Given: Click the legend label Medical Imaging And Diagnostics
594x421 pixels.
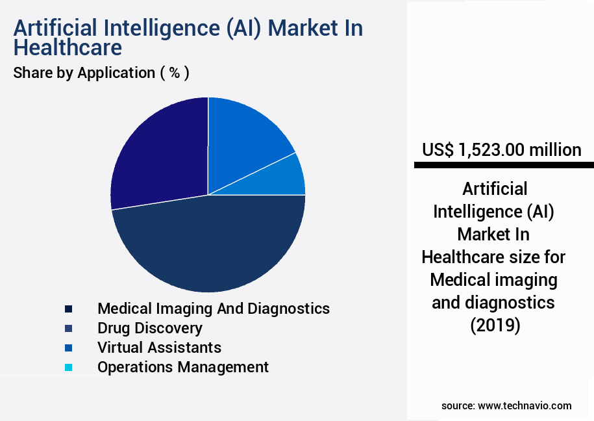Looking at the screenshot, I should [214, 308].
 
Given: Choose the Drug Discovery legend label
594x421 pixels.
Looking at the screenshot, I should [150, 328].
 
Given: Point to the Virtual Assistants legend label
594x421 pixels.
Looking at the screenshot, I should [159, 348].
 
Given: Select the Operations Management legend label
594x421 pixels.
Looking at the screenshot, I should [183, 367].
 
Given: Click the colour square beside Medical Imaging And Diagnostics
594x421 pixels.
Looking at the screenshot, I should [68, 309].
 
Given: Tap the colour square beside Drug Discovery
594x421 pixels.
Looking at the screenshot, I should [68, 328].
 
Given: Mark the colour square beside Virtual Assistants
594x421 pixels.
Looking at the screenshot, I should [68, 348].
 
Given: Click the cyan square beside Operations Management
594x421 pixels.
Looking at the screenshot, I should [68, 367].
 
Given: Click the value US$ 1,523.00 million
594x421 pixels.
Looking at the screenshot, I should [501, 150].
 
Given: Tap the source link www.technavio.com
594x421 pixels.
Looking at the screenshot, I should [525, 405].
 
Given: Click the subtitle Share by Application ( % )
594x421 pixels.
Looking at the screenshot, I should [101, 73].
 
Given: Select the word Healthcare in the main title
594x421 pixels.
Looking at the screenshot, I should [68, 48].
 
